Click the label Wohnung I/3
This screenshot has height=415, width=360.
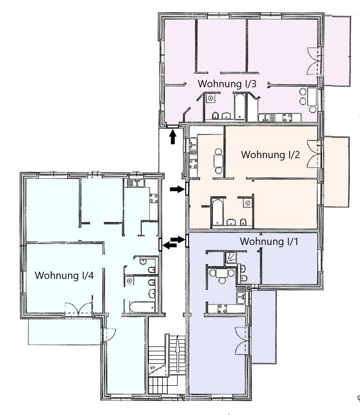point(227,84)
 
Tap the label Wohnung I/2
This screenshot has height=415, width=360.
point(270,155)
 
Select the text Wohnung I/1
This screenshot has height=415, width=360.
point(269,242)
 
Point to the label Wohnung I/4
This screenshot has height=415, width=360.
point(64,275)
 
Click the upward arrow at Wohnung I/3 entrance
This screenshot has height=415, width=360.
point(173,138)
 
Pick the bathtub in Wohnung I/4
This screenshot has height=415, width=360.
point(142,307)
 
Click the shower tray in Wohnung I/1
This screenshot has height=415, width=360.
point(231,257)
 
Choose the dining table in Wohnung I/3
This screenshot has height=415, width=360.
point(312,97)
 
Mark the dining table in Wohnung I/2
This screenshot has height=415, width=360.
point(219,161)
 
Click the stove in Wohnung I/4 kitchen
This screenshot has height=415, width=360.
point(154,198)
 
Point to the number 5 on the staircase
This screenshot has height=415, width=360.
point(153,368)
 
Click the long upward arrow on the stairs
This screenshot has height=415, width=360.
point(177,354)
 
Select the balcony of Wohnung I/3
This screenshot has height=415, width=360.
point(337,51)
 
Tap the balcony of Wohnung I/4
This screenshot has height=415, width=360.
point(64,331)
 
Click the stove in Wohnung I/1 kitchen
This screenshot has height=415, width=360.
point(222,309)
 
